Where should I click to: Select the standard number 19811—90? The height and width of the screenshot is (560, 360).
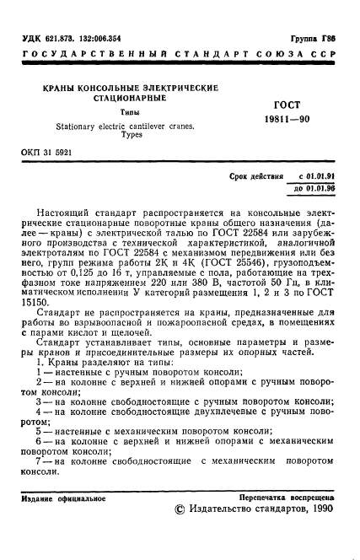coord(288,120)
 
